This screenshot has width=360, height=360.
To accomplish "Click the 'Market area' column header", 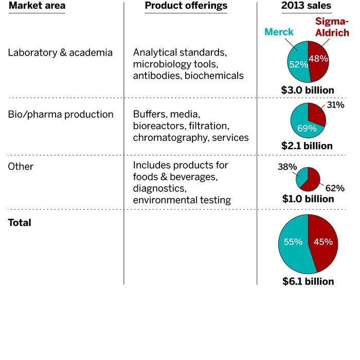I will point(36,6).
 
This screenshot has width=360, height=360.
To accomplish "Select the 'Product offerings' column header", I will point(186,6).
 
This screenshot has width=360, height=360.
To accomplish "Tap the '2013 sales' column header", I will point(307,6).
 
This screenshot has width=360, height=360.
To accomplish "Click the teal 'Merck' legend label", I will point(279,32).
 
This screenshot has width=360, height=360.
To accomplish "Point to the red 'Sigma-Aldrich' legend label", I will point(332,27).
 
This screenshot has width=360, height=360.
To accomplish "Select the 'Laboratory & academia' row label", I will point(60,52).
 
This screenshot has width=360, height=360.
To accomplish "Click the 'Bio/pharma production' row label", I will point(61,114).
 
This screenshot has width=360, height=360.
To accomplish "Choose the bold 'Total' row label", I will point(20,223).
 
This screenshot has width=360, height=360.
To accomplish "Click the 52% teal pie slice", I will point(297,64).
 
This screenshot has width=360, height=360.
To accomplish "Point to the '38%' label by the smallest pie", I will point(287,167).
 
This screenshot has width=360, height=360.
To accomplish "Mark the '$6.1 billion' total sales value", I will point(308,281).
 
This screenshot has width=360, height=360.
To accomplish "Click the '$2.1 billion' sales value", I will point(307,146).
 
